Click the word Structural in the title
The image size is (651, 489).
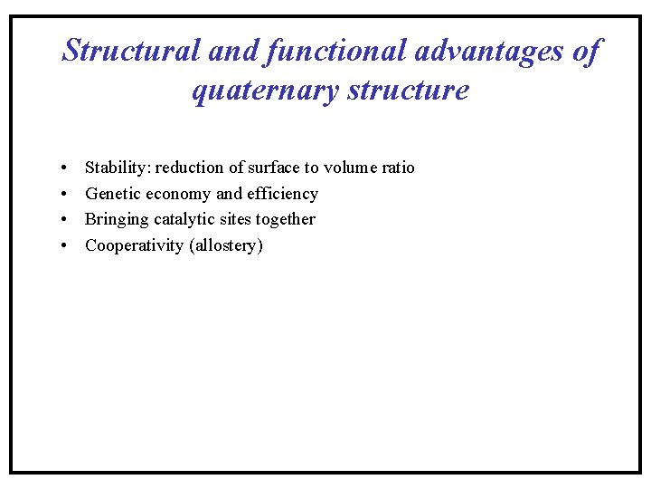tap(131, 52)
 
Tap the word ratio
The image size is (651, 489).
tap(399, 168)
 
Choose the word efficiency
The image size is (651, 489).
tap(282, 194)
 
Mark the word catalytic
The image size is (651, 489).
tap(184, 219)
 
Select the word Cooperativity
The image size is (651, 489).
tap(134, 245)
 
